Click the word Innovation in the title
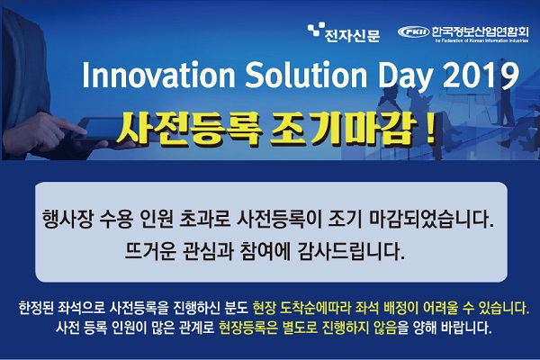coord(158,75)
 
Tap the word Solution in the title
coord(306,75)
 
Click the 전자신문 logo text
coord(352,35)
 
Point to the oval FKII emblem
coord(413,32)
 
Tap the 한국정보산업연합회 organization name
coord(480,31)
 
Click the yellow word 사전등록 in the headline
coord(187,130)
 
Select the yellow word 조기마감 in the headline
coord(340,130)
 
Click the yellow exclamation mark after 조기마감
coord(429,130)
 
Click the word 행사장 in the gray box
coord(67,220)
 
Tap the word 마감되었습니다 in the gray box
coord(431,220)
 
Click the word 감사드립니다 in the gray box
coord(350,252)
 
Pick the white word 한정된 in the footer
coord(36,309)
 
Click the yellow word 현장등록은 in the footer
coord(248,328)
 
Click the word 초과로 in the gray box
coord(204,220)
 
